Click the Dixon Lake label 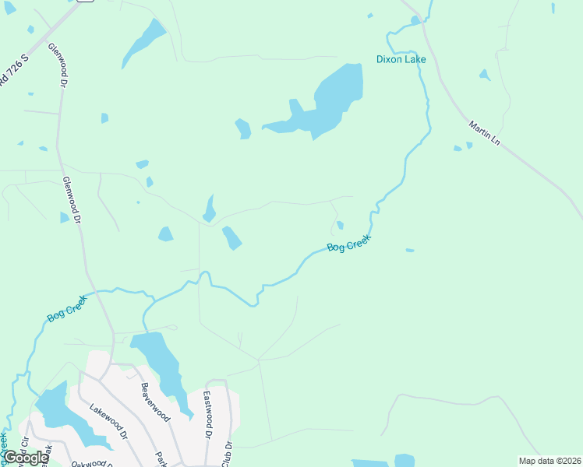401,58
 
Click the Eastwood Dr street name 209,413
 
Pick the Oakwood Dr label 89,462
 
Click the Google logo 26,458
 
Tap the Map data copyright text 549,461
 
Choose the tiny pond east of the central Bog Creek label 409,250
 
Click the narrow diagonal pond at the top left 143,44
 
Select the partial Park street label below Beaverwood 161,458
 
